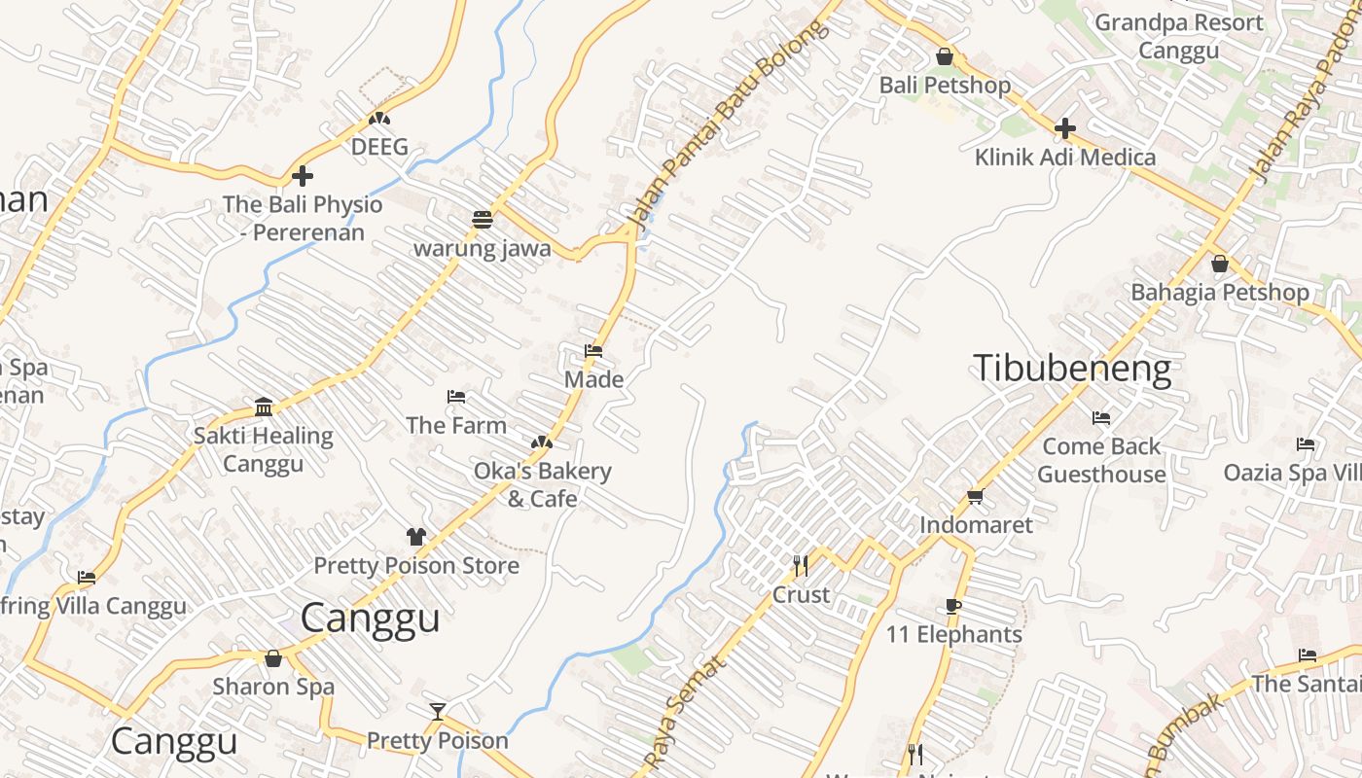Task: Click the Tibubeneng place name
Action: point(1072,369)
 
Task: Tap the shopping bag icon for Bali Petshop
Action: point(944,56)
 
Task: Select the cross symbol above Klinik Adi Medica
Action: point(1065,127)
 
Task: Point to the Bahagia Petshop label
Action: point(1220,293)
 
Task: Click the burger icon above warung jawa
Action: point(482,219)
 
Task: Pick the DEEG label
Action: point(379,148)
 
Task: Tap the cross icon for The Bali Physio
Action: point(303,176)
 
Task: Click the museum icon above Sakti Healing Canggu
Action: point(264,407)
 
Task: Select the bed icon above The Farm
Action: point(455,397)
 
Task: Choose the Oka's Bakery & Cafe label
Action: point(543,484)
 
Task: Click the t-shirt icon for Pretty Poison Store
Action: point(416,536)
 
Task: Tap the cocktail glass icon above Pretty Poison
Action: point(438,712)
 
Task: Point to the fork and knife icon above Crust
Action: point(801,565)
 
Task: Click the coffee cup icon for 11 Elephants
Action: point(953,607)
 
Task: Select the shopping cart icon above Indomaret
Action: point(975,497)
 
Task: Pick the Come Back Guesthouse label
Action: point(1101,460)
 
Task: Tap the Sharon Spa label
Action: point(273,687)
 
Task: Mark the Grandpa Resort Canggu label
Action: point(1179,36)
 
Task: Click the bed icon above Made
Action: point(593,351)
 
